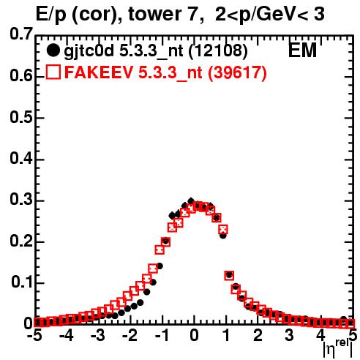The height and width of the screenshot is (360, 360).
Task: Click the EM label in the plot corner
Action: click(302, 50)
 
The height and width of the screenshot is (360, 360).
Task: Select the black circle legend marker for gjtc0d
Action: click(53, 50)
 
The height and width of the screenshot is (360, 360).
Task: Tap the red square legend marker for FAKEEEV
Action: click(53, 72)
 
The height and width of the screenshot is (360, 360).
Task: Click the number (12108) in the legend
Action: click(218, 50)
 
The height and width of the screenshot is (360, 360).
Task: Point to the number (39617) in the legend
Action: click(237, 72)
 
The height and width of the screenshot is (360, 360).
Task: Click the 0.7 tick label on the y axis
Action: click(21, 34)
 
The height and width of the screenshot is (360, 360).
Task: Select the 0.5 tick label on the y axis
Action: click(21, 117)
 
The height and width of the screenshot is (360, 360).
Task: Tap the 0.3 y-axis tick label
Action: click(21, 200)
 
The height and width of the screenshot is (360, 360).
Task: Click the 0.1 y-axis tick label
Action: click(22, 282)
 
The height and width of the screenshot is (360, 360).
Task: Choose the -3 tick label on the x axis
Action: click(99, 336)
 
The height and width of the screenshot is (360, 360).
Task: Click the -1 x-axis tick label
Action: click(161, 336)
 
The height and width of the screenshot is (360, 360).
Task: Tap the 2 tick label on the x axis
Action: click(258, 336)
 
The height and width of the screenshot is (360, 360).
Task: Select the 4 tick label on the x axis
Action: click(321, 336)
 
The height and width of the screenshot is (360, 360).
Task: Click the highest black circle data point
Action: click(191, 201)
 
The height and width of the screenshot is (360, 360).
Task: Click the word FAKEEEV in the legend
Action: click(100, 72)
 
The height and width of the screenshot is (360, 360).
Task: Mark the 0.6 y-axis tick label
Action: click(21, 76)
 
